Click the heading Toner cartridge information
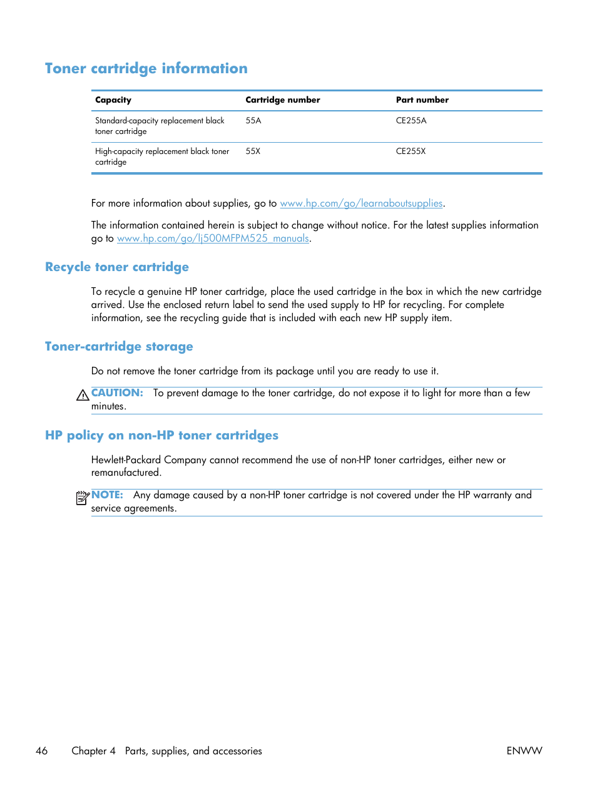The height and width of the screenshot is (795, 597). click(146, 68)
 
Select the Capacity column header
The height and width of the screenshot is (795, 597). click(113, 100)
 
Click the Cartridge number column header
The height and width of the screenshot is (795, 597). click(282, 100)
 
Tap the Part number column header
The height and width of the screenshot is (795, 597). click(422, 100)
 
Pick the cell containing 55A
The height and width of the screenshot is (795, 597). click(253, 121)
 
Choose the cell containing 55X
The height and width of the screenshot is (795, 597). click(253, 151)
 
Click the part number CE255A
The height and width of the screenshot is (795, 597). click(411, 121)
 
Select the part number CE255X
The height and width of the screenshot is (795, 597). click(411, 151)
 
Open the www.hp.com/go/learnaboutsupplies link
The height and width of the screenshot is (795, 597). click(361, 203)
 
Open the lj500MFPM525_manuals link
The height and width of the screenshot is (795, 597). click(213, 238)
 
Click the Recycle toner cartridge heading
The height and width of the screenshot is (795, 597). click(117, 267)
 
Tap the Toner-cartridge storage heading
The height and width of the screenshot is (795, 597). click(119, 347)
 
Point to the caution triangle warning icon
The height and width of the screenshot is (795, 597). click(83, 395)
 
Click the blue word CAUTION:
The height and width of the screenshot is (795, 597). click(117, 393)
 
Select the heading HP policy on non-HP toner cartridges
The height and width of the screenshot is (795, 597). click(161, 436)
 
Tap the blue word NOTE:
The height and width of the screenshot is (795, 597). click(107, 495)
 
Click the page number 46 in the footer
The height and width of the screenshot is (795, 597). click(42, 751)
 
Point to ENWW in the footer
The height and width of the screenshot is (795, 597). click(524, 751)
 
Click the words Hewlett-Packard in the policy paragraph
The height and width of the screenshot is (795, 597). click(126, 460)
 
